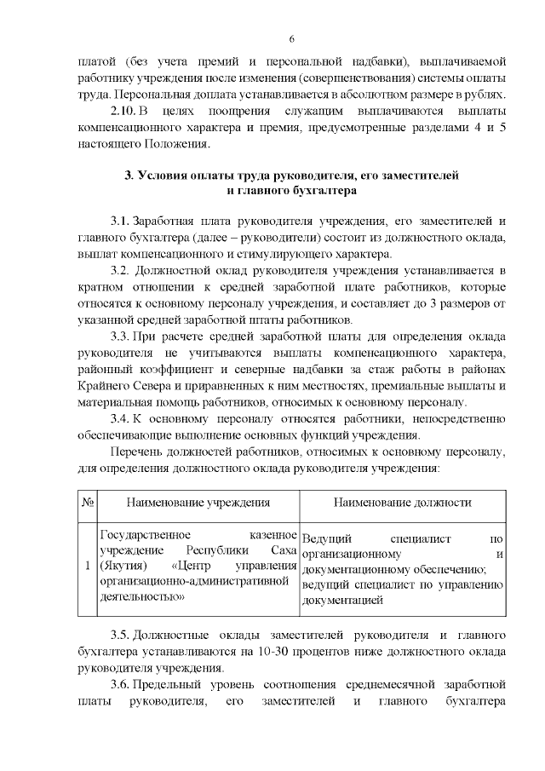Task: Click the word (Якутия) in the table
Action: [123, 566]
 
